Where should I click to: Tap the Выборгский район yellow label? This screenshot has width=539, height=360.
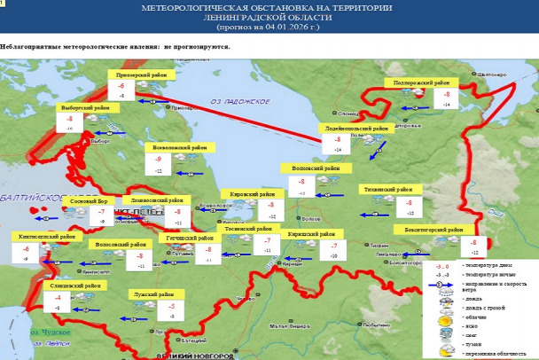pyautogui.click(x=85, y=107)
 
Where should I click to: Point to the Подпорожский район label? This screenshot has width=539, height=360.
pyautogui.click(x=417, y=82)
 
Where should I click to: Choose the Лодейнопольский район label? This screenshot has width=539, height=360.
pyautogui.click(x=355, y=129)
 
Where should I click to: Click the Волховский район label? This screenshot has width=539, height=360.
pyautogui.click(x=309, y=168)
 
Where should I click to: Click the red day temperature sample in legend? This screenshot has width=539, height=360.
pyautogui.click(x=441, y=265)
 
